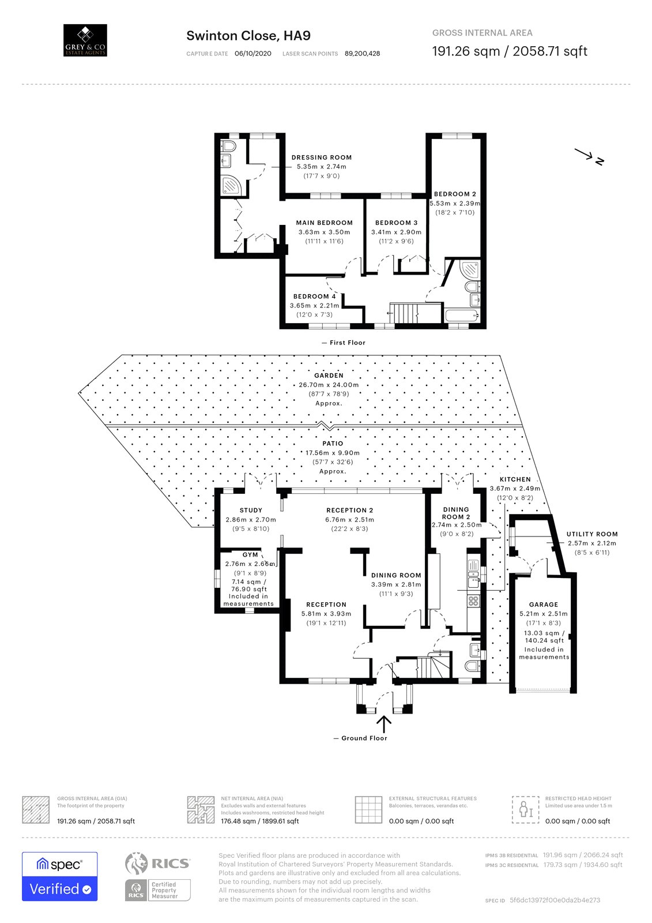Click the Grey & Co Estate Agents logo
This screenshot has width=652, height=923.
click(x=85, y=40)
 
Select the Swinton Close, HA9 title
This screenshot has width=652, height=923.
click(x=248, y=36)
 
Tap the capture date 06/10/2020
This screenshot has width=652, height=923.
click(x=253, y=54)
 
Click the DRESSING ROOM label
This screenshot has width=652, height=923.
click(x=322, y=157)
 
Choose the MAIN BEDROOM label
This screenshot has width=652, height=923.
click(x=324, y=223)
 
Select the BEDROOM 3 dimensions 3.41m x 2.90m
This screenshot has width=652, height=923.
click(x=396, y=232)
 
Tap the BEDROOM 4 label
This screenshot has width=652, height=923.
click(x=314, y=297)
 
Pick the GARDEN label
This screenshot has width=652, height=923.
click(x=329, y=376)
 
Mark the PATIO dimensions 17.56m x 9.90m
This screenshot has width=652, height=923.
click(x=333, y=453)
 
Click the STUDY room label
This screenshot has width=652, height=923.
click(x=251, y=510)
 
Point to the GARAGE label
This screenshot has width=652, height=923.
click(x=543, y=605)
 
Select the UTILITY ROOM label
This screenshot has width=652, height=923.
click(x=592, y=534)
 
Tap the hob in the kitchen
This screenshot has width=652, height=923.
click(x=473, y=601)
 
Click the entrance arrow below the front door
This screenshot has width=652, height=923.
click(x=384, y=725)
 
